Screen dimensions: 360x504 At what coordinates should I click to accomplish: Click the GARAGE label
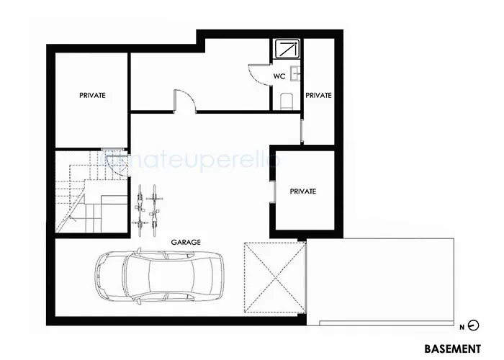[186, 243]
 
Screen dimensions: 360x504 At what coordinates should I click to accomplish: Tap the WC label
[279, 75]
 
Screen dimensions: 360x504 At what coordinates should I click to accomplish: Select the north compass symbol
[474, 325]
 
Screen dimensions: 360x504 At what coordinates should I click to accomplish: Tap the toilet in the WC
[286, 100]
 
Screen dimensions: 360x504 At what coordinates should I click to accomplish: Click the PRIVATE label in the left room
[92, 94]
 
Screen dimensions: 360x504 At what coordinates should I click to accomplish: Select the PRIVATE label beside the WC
[318, 94]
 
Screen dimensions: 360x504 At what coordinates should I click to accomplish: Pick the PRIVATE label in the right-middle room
[302, 191]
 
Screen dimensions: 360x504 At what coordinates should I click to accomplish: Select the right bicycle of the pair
[153, 207]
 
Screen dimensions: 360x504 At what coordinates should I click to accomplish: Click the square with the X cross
[273, 277]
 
